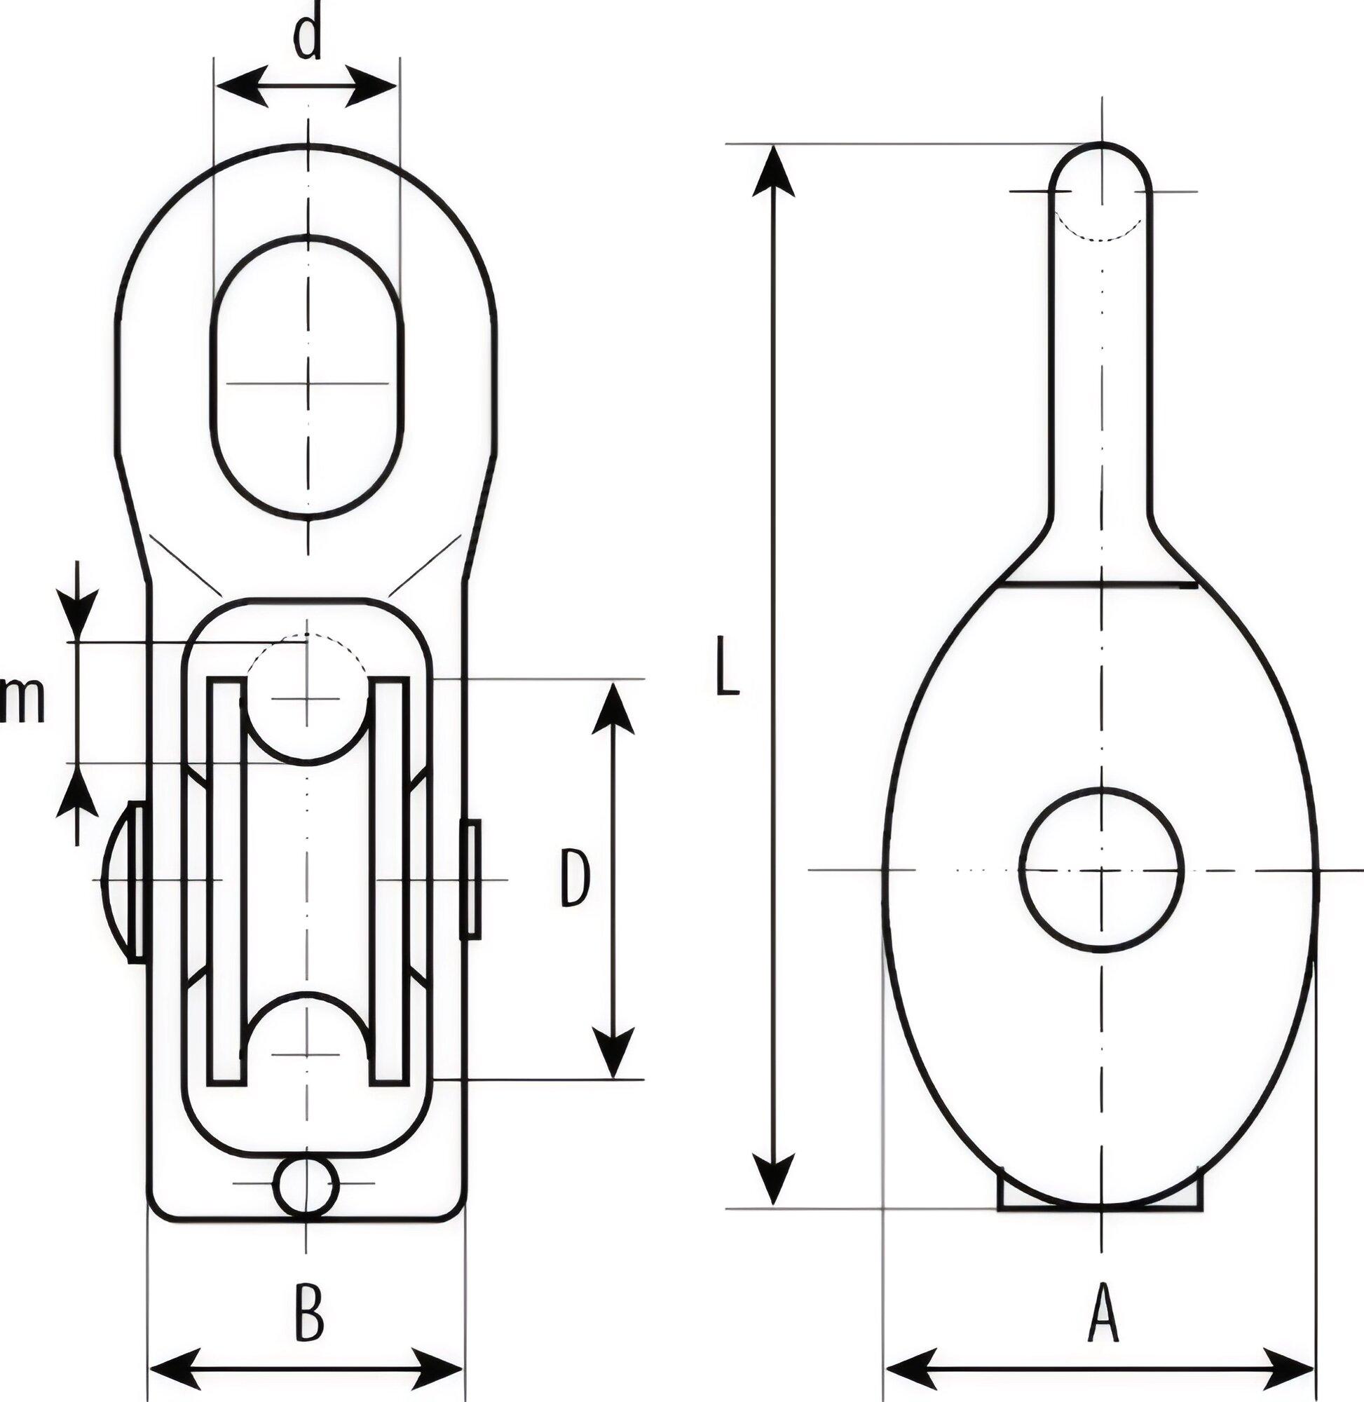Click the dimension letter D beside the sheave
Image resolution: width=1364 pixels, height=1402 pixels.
click(x=574, y=878)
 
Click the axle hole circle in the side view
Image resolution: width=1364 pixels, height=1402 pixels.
click(x=1101, y=870)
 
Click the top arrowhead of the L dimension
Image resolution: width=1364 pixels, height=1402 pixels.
click(x=773, y=172)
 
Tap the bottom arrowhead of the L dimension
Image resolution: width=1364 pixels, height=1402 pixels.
click(x=773, y=1178)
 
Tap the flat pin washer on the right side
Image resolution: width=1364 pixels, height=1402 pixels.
click(x=470, y=880)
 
